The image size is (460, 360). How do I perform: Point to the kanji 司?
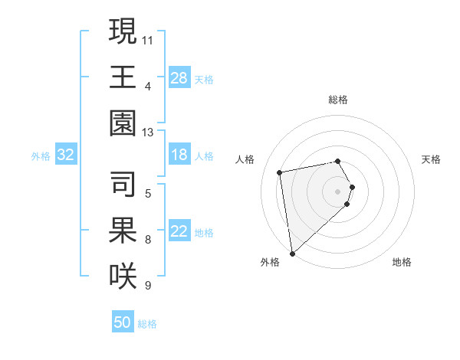pos(123,182)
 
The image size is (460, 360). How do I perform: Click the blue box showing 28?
pos(179,77)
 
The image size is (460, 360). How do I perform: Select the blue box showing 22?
pos(179,232)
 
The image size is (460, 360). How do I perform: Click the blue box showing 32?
pos(66,155)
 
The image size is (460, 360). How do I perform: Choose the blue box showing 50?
pos(123,322)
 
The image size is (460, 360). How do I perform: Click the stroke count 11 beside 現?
pos(148,38)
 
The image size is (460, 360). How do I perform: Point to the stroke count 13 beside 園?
pos(148,133)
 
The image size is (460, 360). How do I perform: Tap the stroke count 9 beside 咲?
pos(148,286)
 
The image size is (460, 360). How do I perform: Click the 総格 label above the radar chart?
pos(338,100)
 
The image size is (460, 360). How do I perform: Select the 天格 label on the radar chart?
pos(432,159)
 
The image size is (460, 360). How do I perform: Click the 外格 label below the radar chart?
pos(270,262)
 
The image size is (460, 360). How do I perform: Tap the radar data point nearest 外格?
pos(292,254)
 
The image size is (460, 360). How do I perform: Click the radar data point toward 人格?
pos(280,172)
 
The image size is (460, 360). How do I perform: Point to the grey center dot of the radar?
pos(338,191)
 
